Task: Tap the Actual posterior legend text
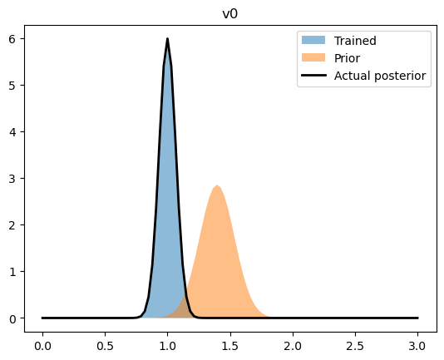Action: (x=380, y=76)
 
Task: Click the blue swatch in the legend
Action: (x=313, y=41)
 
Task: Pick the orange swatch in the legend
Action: (x=313, y=58)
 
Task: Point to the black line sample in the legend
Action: (x=313, y=76)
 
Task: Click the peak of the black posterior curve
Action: (x=167, y=39)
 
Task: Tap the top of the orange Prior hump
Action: (x=217, y=186)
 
